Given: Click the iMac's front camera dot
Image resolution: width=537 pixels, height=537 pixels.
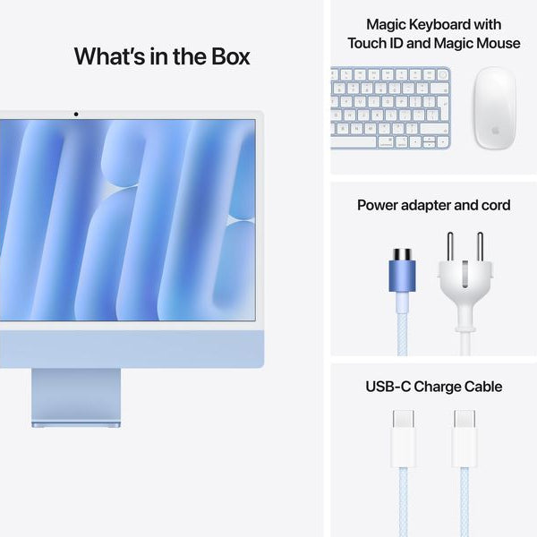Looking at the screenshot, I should pyautogui.click(x=75, y=114).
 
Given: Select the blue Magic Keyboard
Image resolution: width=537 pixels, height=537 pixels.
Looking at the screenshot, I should pyautogui.click(x=391, y=108).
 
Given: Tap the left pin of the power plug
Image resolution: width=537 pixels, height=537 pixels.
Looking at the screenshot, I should pyautogui.click(x=452, y=247).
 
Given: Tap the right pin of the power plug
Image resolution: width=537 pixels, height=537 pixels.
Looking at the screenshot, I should pyautogui.click(x=480, y=247).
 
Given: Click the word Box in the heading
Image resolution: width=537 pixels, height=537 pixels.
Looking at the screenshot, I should pyautogui.click(x=226, y=56).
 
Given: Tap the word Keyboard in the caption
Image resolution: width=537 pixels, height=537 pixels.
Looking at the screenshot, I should pyautogui.click(x=447, y=24).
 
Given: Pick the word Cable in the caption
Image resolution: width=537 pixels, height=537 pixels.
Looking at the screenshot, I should pyautogui.click(x=482, y=387).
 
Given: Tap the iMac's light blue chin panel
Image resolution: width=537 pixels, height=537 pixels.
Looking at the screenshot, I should pyautogui.click(x=134, y=347).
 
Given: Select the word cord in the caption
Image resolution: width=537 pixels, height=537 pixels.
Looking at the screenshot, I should pyautogui.click(x=493, y=206).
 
